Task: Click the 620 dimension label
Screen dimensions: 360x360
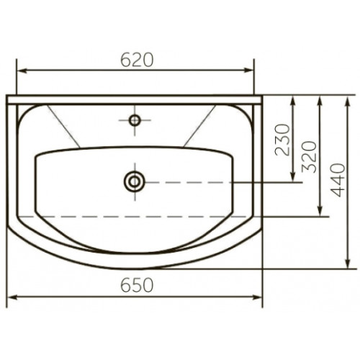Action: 137,60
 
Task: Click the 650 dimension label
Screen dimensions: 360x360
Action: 137,285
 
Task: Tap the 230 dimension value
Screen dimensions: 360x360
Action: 282,140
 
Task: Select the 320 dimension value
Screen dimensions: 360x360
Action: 309,157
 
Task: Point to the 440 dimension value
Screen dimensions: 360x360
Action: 338,180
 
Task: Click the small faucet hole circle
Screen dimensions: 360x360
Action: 135,120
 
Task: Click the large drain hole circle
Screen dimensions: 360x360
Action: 135,181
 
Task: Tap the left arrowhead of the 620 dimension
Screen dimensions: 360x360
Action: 22,71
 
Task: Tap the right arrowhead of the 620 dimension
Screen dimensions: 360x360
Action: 249,70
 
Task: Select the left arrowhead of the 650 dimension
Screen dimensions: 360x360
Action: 12,297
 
